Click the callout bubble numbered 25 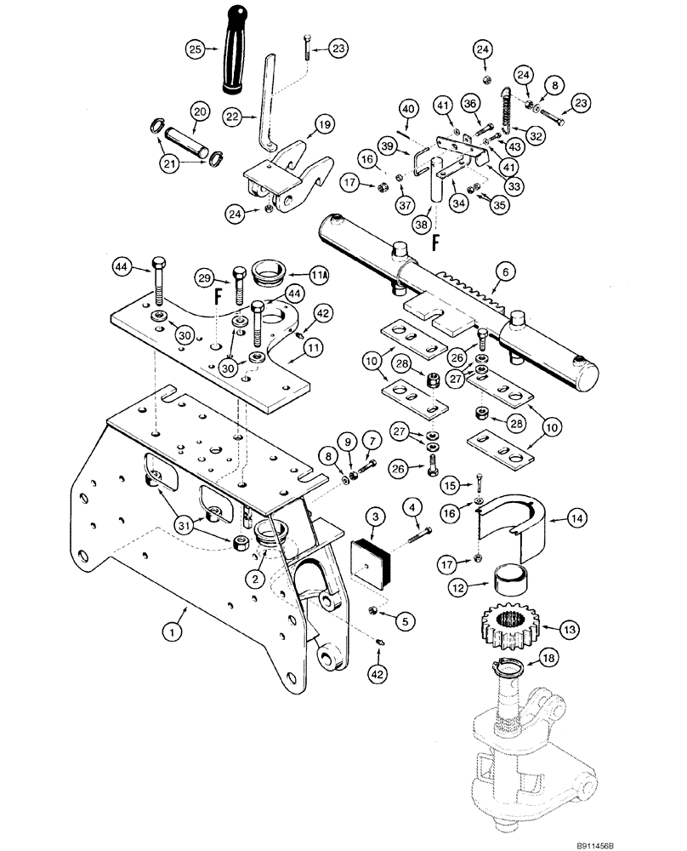(x=195, y=52)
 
